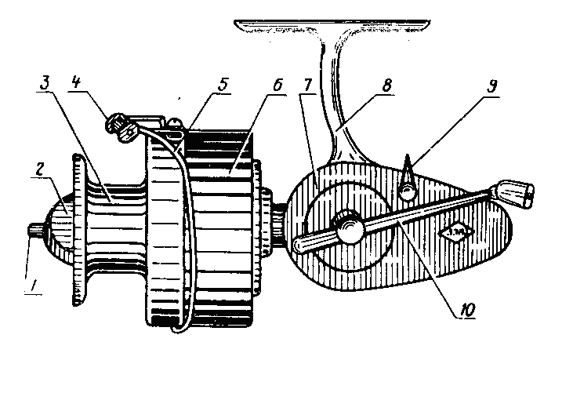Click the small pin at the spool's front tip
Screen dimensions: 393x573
(x=35, y=231)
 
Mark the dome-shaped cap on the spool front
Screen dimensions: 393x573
(x=59, y=228)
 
